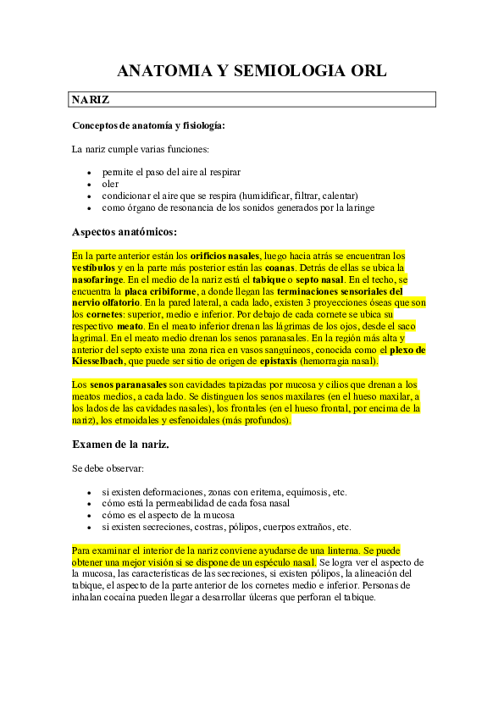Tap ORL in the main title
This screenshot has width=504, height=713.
368,71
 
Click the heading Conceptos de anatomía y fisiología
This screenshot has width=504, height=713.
148,126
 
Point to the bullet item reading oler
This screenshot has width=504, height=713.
110,183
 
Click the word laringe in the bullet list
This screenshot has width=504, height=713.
357,207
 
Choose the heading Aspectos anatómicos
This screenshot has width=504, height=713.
124,231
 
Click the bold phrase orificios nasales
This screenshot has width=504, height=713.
224,255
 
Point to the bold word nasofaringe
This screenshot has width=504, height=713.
98,279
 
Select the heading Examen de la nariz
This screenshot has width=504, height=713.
120,444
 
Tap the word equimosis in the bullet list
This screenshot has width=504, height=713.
308,492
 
